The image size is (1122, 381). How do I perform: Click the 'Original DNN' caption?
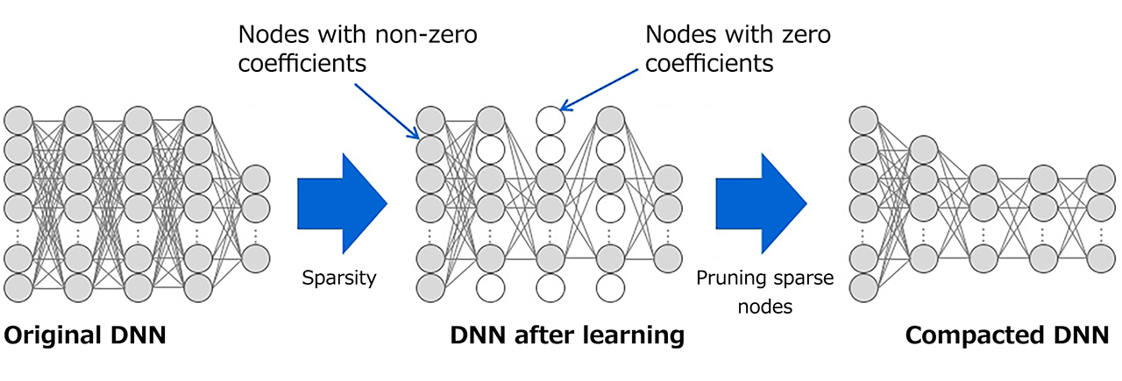85,335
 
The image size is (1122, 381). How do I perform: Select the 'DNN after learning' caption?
566,335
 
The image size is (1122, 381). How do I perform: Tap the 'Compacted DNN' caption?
1006,335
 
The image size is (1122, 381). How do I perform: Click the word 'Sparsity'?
338,279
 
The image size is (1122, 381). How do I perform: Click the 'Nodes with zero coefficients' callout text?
737,50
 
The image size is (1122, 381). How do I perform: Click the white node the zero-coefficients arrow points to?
550,118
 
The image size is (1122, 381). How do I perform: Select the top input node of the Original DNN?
18,118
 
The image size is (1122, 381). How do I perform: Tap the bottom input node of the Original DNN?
18,287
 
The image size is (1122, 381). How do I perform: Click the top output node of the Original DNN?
256,179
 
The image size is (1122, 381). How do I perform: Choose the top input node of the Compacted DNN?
865,118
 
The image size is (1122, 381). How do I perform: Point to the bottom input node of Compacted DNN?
865,287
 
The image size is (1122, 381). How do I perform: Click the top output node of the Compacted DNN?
1101,179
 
